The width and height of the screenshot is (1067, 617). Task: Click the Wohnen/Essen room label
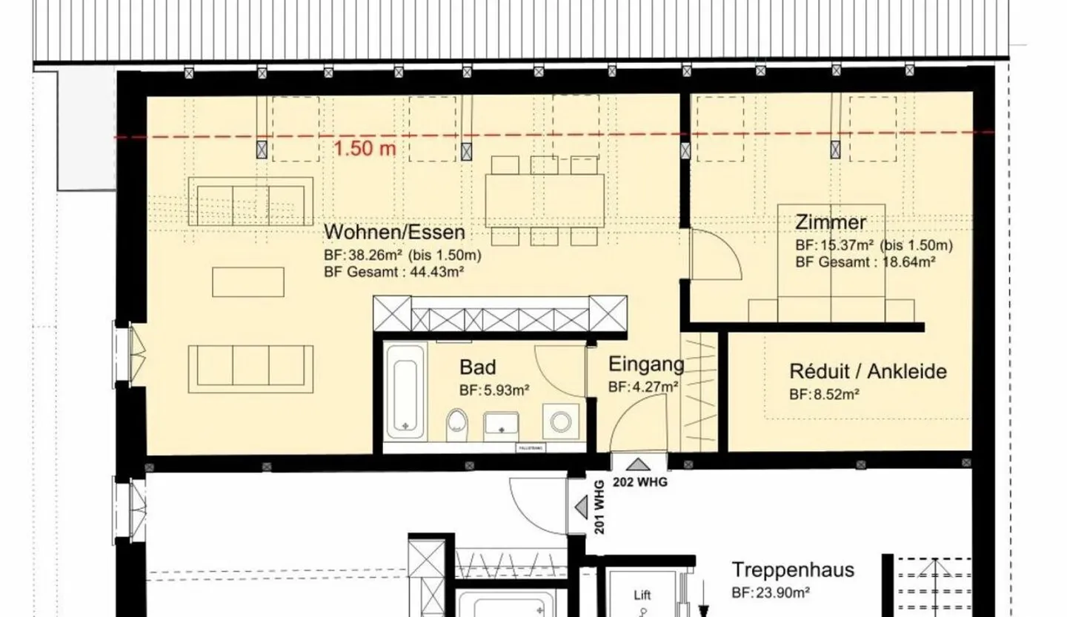(x=394, y=232)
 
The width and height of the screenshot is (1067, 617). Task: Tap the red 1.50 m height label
(x=365, y=149)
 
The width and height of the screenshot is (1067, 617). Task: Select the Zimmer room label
(x=830, y=222)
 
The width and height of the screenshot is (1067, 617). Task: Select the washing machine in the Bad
(x=557, y=421)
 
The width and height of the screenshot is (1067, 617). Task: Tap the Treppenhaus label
(x=793, y=570)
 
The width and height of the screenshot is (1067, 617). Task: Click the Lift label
(x=642, y=595)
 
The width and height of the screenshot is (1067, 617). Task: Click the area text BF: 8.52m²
(x=824, y=395)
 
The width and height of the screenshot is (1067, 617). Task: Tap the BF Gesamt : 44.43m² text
(x=393, y=271)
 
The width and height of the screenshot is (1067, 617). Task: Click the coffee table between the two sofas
(x=248, y=281)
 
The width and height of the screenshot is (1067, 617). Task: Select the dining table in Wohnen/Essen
(x=545, y=200)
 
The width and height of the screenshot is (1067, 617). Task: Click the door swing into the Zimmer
(x=714, y=256)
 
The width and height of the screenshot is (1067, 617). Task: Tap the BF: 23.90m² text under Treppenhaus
(x=770, y=592)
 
